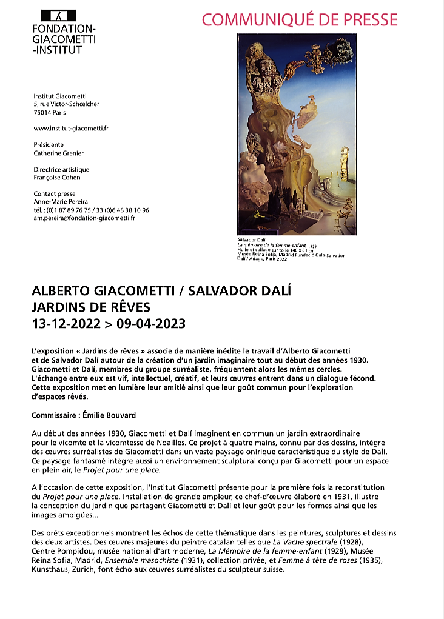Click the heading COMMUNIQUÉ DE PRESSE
pyautogui.click(x=300, y=19)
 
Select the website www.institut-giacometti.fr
pyautogui.click(x=71, y=129)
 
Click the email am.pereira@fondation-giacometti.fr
pyautogui.click(x=84, y=218)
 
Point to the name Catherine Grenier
pyautogui.click(x=59, y=153)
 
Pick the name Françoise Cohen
pyautogui.click(x=57, y=178)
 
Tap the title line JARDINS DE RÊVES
pyautogui.click(x=91, y=307)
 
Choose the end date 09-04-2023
pyautogui.click(x=150, y=323)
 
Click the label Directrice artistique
pyautogui.click(x=61, y=170)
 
